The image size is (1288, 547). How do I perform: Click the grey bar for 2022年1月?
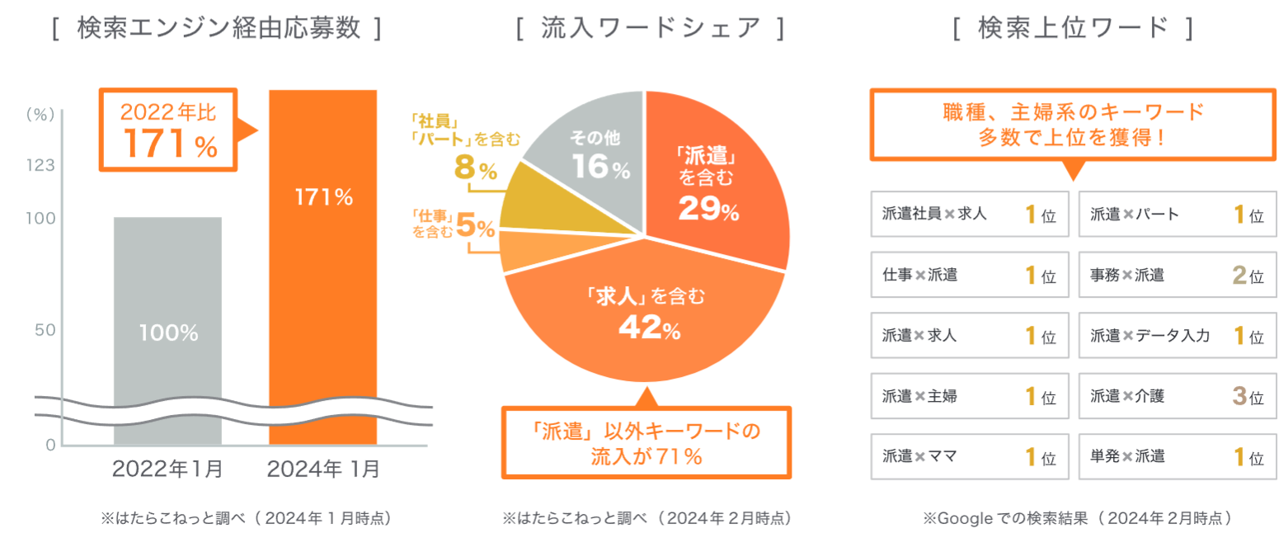pos(167,330)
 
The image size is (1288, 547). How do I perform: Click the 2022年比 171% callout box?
pos(167,130)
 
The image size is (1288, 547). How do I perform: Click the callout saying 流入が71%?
pos(646,443)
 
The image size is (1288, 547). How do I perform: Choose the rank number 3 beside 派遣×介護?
pos(1238,397)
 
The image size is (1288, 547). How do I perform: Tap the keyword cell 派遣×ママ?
pos(969,456)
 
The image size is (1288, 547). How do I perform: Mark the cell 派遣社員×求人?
pos(969,215)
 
